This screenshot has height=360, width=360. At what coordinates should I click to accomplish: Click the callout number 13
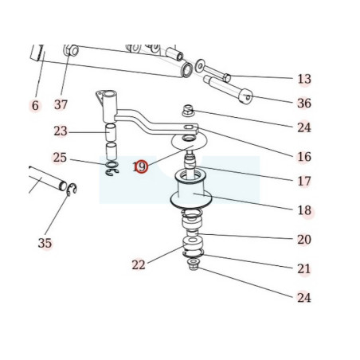point(304,79)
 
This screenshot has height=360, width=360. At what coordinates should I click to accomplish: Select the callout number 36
point(304,103)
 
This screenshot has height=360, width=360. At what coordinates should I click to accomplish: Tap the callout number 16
point(304,157)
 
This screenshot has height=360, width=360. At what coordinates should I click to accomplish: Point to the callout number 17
point(304,182)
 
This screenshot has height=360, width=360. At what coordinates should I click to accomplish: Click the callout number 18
point(304,210)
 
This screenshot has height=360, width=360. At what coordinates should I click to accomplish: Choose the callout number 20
point(304,240)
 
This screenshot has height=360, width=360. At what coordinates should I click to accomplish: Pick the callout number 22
point(139,265)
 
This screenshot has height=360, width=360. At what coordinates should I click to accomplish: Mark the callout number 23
point(61,131)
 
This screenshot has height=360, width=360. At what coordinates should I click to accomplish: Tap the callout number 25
point(60,158)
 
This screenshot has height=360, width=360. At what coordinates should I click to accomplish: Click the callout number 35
point(45,243)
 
